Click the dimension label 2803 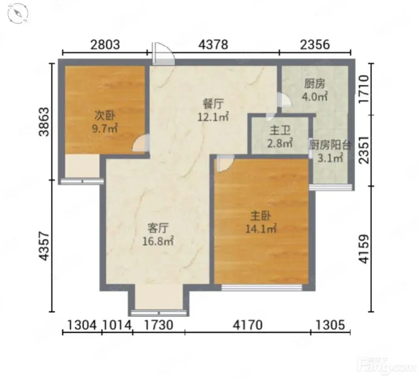pos(105,45)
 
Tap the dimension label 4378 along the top pos(213,45)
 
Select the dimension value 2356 pos(315,45)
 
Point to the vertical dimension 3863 pos(44,122)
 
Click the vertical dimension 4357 pos(44,247)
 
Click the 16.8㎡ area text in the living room pos(158,242)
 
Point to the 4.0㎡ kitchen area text pos(315,97)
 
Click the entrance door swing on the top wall pos(163,54)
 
